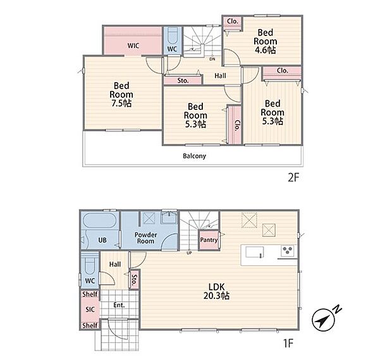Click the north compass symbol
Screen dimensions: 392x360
(x=323, y=320)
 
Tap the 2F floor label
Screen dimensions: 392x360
(x=293, y=177)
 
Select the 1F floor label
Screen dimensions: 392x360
(x=288, y=343)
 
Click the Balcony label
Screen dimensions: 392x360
(x=195, y=156)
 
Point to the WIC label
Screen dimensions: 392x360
(x=133, y=45)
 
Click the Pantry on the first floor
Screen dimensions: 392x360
(x=209, y=240)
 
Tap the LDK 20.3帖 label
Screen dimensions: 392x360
(x=216, y=291)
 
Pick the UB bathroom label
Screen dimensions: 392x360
(x=102, y=240)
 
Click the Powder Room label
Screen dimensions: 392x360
(x=146, y=238)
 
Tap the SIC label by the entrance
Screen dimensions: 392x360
(x=90, y=309)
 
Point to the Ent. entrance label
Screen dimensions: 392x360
(x=119, y=305)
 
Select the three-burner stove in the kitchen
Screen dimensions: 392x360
(x=288, y=251)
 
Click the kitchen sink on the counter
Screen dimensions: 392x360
(x=255, y=252)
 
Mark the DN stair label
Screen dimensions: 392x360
(x=212, y=59)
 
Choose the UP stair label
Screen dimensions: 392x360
(x=189, y=253)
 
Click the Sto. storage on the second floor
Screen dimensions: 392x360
(x=183, y=81)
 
